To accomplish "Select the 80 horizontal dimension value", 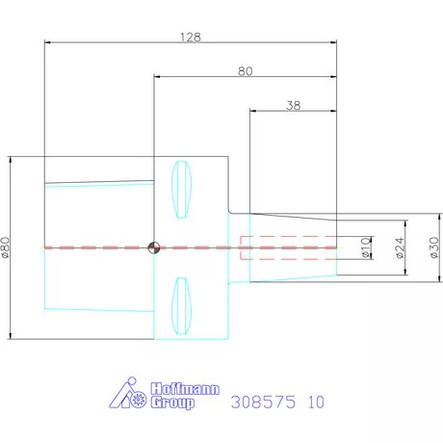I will click(246, 71).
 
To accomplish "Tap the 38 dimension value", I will click(294, 106).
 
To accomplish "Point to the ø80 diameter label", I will click(6, 248).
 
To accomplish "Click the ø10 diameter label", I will click(365, 248).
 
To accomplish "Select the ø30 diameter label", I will click(433, 248).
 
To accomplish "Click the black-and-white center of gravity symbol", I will click(154, 248).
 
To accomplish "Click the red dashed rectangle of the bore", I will click(287, 248).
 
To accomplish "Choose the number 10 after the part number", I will click(316, 403).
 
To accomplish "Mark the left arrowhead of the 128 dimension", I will click(48, 42).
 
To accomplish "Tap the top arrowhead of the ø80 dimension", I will click(10, 160).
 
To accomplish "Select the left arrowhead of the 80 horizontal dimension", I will click(158, 78).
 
